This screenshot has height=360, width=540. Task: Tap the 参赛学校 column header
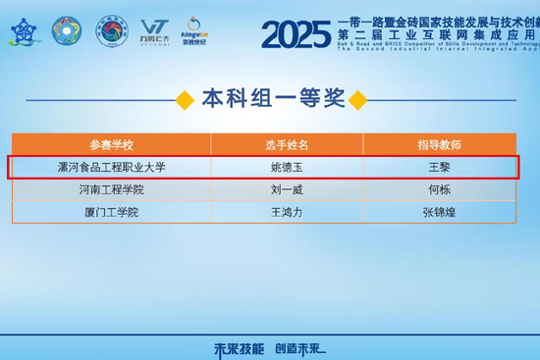tap(111, 145)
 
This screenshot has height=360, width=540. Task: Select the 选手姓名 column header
tap(290, 145)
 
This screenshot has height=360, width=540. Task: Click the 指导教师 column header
tap(440, 145)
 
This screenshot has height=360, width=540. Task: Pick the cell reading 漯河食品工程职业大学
tap(111, 168)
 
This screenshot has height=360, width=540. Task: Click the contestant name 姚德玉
tap(290, 168)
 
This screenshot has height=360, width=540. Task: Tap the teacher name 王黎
tap(440, 168)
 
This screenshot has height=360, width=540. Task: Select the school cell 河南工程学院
tap(111, 189)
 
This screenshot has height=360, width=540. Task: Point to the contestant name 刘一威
tap(290, 189)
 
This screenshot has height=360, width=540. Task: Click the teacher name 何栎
tap(440, 189)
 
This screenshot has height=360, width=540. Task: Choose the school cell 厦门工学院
tap(111, 212)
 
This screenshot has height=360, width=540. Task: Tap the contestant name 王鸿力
tap(290, 212)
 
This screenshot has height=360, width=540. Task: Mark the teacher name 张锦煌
tap(440, 212)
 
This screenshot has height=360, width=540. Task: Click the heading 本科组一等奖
tap(272, 98)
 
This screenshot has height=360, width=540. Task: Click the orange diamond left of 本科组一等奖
tap(184, 99)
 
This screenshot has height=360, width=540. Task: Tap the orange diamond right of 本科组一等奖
tap(358, 99)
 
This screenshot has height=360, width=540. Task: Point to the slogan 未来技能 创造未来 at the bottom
tap(270, 347)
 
